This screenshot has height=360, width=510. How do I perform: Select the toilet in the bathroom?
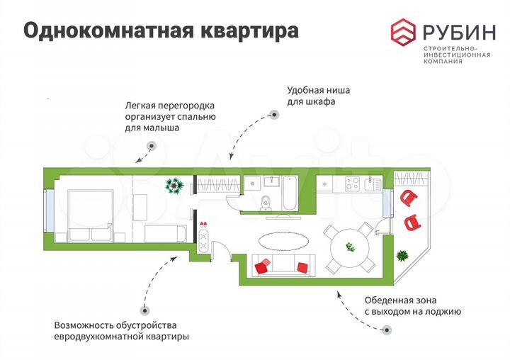(x=265, y=201)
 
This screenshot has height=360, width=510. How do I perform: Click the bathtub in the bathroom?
(x=290, y=193)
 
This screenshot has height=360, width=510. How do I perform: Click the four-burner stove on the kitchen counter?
(x=352, y=184)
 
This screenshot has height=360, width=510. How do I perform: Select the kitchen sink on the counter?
(x=371, y=184)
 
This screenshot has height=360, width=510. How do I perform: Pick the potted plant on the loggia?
(x=403, y=255)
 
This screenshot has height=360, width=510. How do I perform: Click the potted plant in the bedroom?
(x=174, y=186)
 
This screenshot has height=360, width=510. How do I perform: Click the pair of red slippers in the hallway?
(x=204, y=224)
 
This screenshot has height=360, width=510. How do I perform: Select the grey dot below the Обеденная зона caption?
(x=386, y=329)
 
